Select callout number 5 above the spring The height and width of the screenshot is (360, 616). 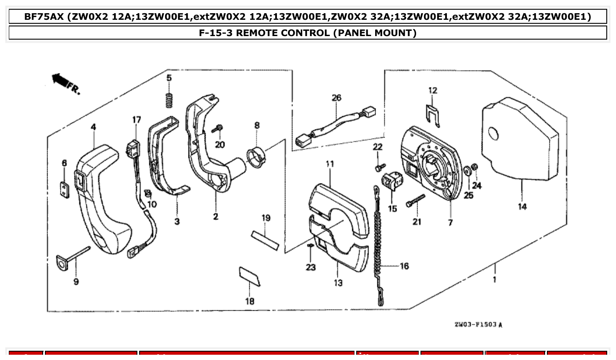click(x=169, y=78)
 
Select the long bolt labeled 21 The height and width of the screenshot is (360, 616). click(x=415, y=201)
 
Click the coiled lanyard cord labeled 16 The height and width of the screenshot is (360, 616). click(x=378, y=246)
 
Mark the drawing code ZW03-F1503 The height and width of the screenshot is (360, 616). click(x=478, y=325)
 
